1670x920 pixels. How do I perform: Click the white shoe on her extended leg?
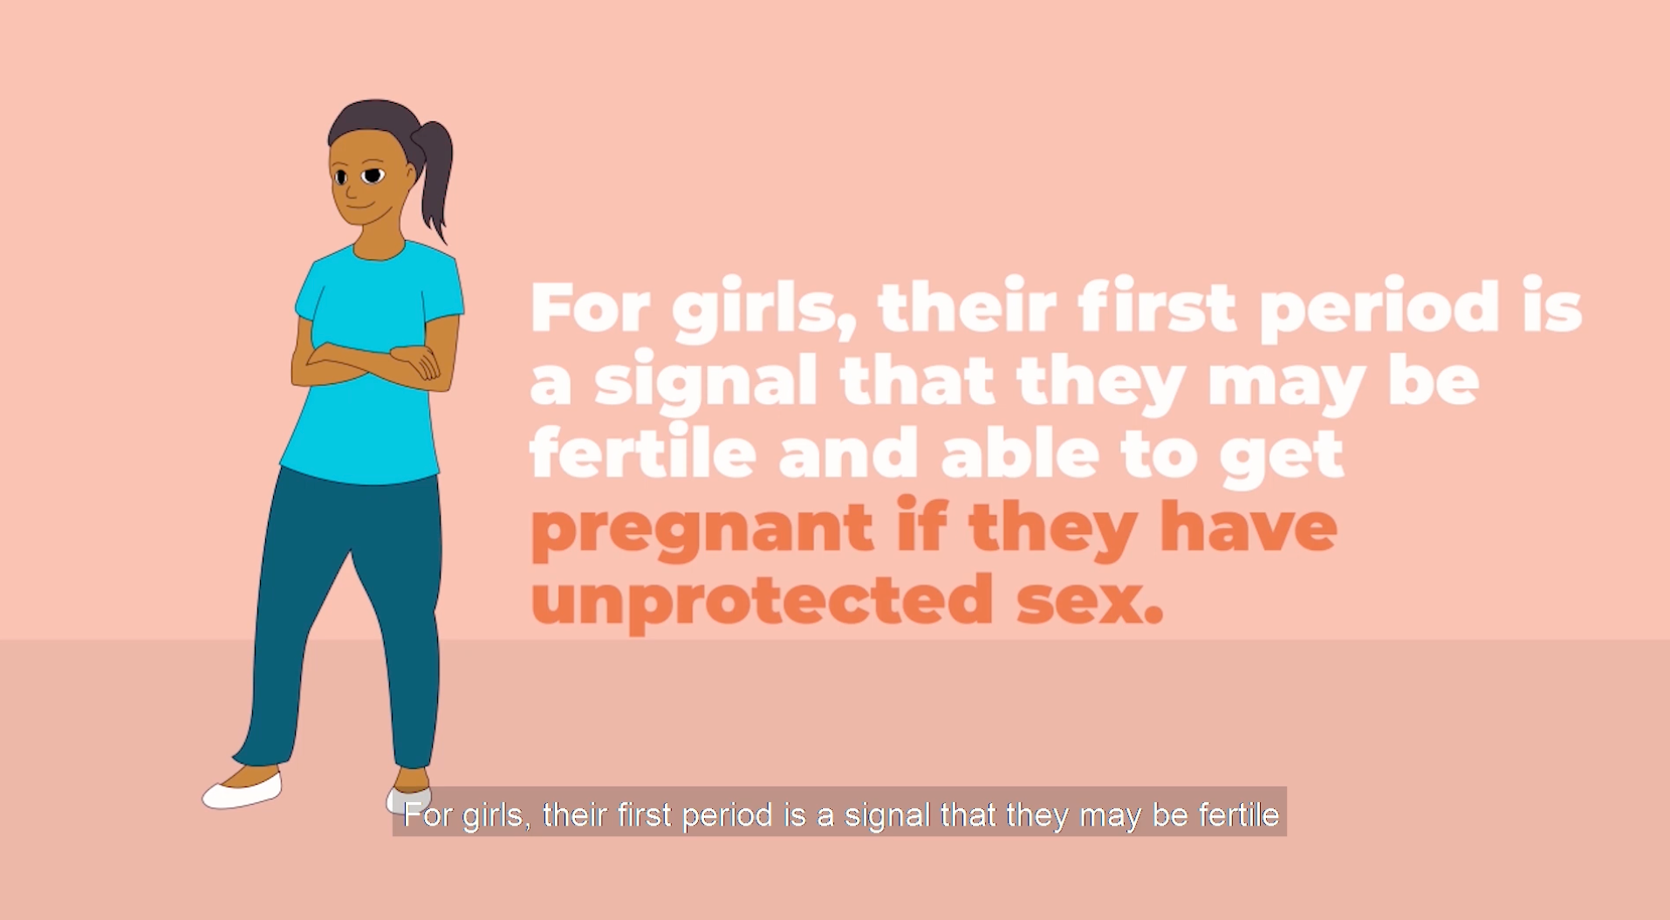click(x=243, y=791)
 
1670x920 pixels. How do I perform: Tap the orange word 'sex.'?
click(x=1090, y=601)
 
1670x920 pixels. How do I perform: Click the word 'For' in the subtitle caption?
click(x=428, y=815)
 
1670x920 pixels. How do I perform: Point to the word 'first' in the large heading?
click(x=1157, y=307)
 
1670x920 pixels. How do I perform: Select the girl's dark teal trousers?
click(x=345, y=611)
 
